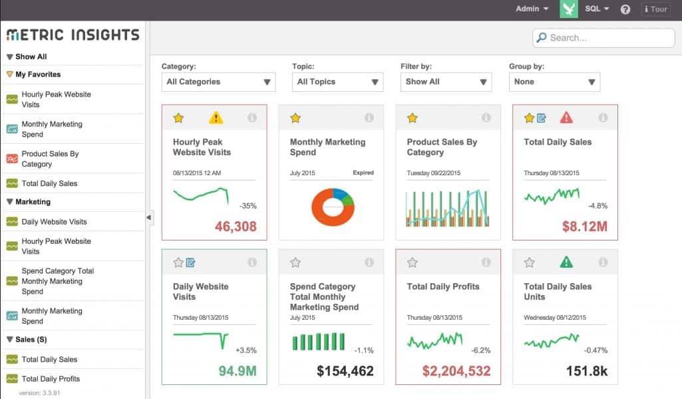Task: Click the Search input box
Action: pyautogui.click(x=605, y=38)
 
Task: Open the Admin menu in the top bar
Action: pyautogui.click(x=532, y=9)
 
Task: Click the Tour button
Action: pyautogui.click(x=655, y=9)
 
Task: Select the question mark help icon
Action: pyautogui.click(x=625, y=9)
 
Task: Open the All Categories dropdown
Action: pyautogui.click(x=219, y=82)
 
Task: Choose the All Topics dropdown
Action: pyautogui.click(x=337, y=82)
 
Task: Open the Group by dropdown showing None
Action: pyautogui.click(x=554, y=82)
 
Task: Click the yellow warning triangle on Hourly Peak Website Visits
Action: pyautogui.click(x=216, y=118)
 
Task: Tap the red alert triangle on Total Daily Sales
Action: pyautogui.click(x=566, y=118)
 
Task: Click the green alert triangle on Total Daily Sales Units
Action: pyautogui.click(x=566, y=262)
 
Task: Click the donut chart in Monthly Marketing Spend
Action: pyautogui.click(x=333, y=206)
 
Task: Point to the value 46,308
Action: pyautogui.click(x=236, y=226)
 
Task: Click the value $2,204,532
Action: pyautogui.click(x=456, y=371)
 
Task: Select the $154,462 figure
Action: pyautogui.click(x=345, y=371)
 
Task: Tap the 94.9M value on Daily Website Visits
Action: pyautogui.click(x=238, y=371)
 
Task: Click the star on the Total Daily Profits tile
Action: pyautogui.click(x=413, y=262)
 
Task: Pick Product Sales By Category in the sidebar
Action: pyautogui.click(x=50, y=159)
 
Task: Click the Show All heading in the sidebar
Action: pyautogui.click(x=31, y=57)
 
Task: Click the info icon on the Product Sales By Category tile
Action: pyautogui.click(x=486, y=118)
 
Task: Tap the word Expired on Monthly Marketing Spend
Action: pyautogui.click(x=363, y=173)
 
